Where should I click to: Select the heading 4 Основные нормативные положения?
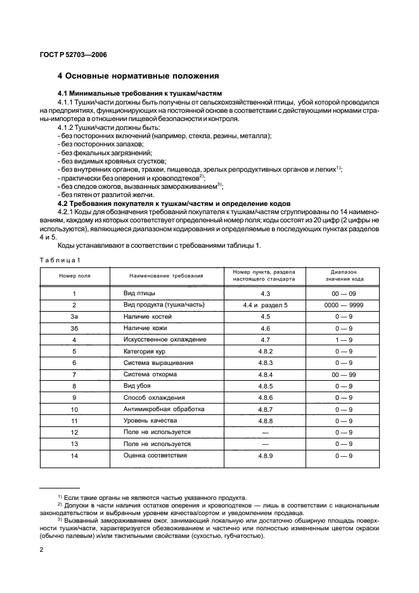coord(138,77)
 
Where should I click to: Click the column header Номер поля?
coord(75,276)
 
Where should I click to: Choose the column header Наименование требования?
coord(166,276)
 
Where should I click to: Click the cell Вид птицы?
coord(139,294)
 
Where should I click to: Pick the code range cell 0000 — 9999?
coord(343,305)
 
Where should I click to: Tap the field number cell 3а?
coord(75,316)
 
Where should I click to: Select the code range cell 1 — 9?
coord(343,340)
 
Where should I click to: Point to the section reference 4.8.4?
coord(265,374)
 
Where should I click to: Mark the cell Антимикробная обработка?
coord(164,409)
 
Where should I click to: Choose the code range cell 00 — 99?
coord(343,374)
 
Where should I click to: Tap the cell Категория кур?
coord(146,351)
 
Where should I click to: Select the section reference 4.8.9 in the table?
coord(265,455)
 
